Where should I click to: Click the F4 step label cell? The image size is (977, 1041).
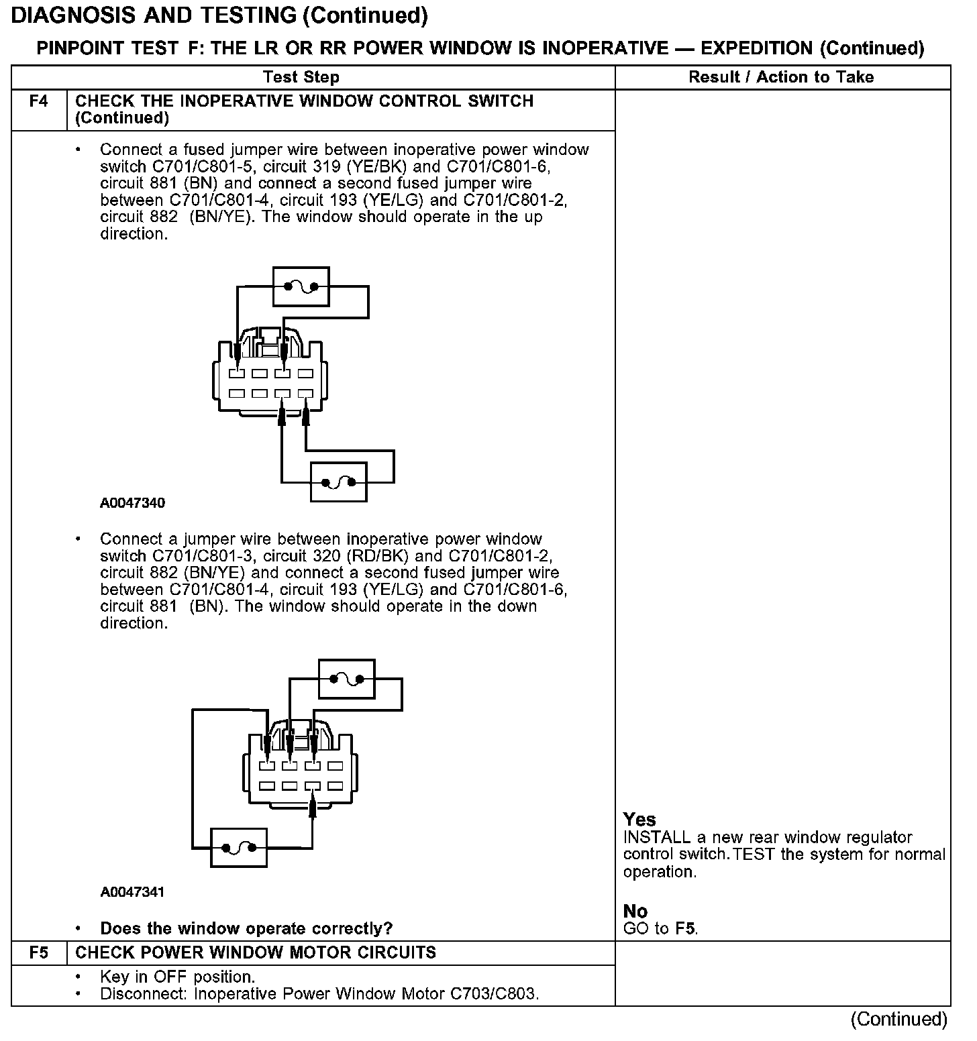point(39,102)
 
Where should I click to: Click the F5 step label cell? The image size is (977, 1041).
point(39,953)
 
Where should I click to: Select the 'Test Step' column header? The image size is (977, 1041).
point(301,77)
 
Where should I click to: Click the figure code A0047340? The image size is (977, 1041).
point(132,503)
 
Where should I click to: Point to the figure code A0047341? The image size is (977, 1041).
point(132,892)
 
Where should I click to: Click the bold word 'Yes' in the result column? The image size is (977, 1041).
point(639,820)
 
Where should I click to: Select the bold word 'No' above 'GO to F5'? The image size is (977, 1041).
point(635,912)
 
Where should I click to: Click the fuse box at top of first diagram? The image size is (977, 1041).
point(301,286)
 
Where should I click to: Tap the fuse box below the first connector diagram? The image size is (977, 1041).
point(338,482)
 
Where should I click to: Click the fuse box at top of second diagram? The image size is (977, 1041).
point(346,679)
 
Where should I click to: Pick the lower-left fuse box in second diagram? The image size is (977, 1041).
point(238,848)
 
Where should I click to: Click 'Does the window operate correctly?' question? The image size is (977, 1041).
point(246,929)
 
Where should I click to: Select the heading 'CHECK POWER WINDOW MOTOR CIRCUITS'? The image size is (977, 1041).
point(256,953)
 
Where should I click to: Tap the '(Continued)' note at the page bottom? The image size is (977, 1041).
point(899,1020)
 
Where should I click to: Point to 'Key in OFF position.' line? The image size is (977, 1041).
point(177,977)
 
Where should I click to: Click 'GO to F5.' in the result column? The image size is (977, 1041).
point(661,929)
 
